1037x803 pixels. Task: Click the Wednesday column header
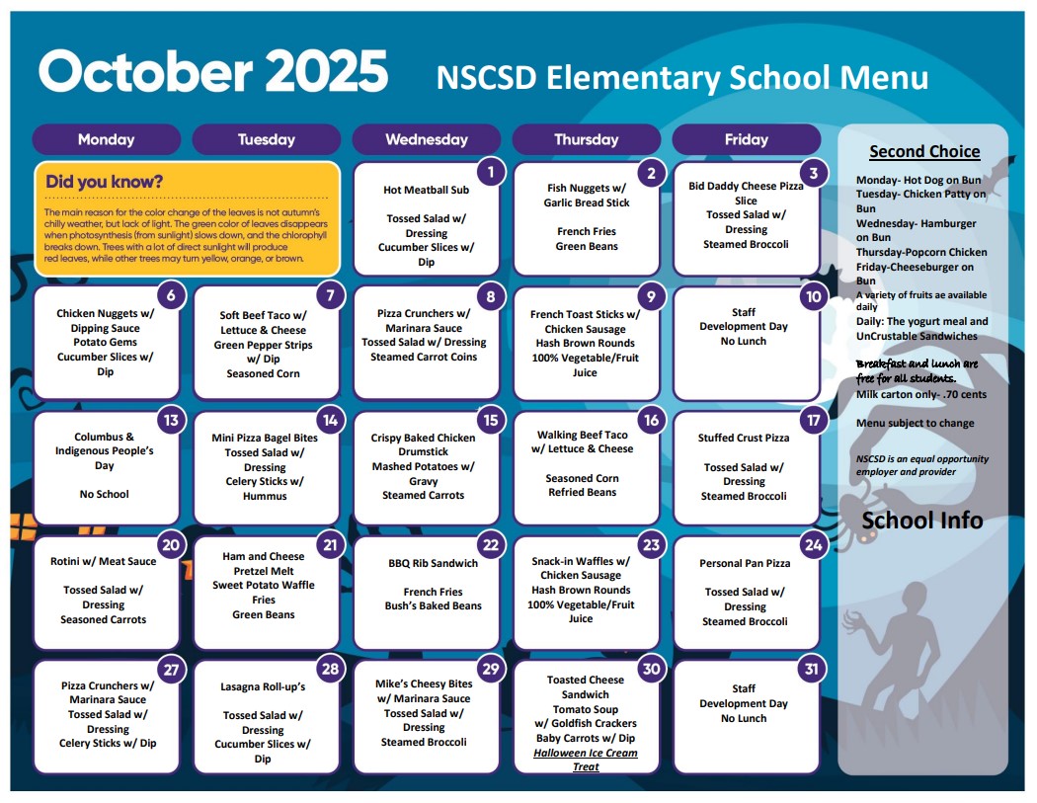tap(427, 139)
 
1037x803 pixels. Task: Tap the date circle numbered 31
tap(811, 669)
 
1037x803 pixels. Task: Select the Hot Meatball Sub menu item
tap(427, 190)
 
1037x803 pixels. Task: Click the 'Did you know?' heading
tap(105, 182)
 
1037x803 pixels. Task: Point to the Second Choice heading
tap(924, 151)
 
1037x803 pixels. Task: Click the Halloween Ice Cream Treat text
tap(586, 760)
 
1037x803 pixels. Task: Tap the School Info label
tap(922, 521)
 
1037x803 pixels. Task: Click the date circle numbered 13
tap(171, 420)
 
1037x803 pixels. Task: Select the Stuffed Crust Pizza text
tap(744, 438)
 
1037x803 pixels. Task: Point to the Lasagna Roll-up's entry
tap(263, 686)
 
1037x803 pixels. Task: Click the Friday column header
tap(746, 139)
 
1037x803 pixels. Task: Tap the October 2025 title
tap(213, 72)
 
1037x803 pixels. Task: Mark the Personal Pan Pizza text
tap(745, 563)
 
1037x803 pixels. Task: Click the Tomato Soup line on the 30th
tap(586, 709)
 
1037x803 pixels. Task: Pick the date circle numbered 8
tap(491, 295)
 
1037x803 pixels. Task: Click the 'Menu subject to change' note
tap(915, 423)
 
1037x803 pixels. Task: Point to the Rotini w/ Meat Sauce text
tap(104, 561)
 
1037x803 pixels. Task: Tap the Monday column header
tap(106, 139)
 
